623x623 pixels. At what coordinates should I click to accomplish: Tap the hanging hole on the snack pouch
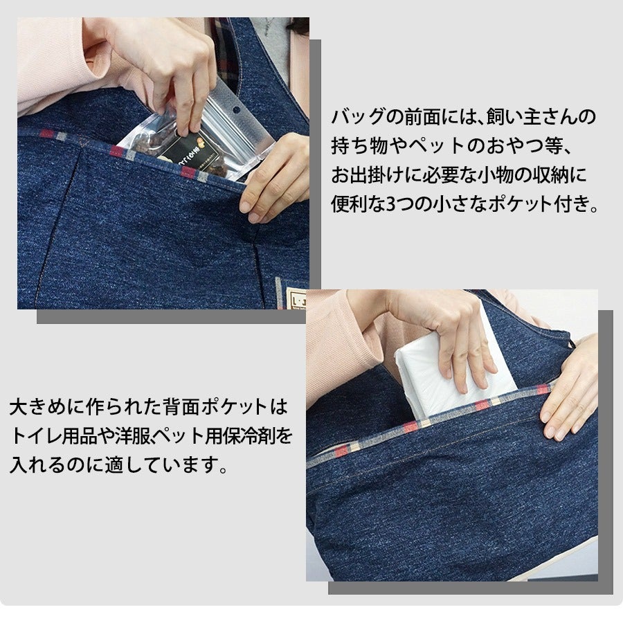[237, 109]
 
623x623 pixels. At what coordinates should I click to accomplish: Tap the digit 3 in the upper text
[391, 204]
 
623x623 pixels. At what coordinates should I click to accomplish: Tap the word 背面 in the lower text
[182, 406]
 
